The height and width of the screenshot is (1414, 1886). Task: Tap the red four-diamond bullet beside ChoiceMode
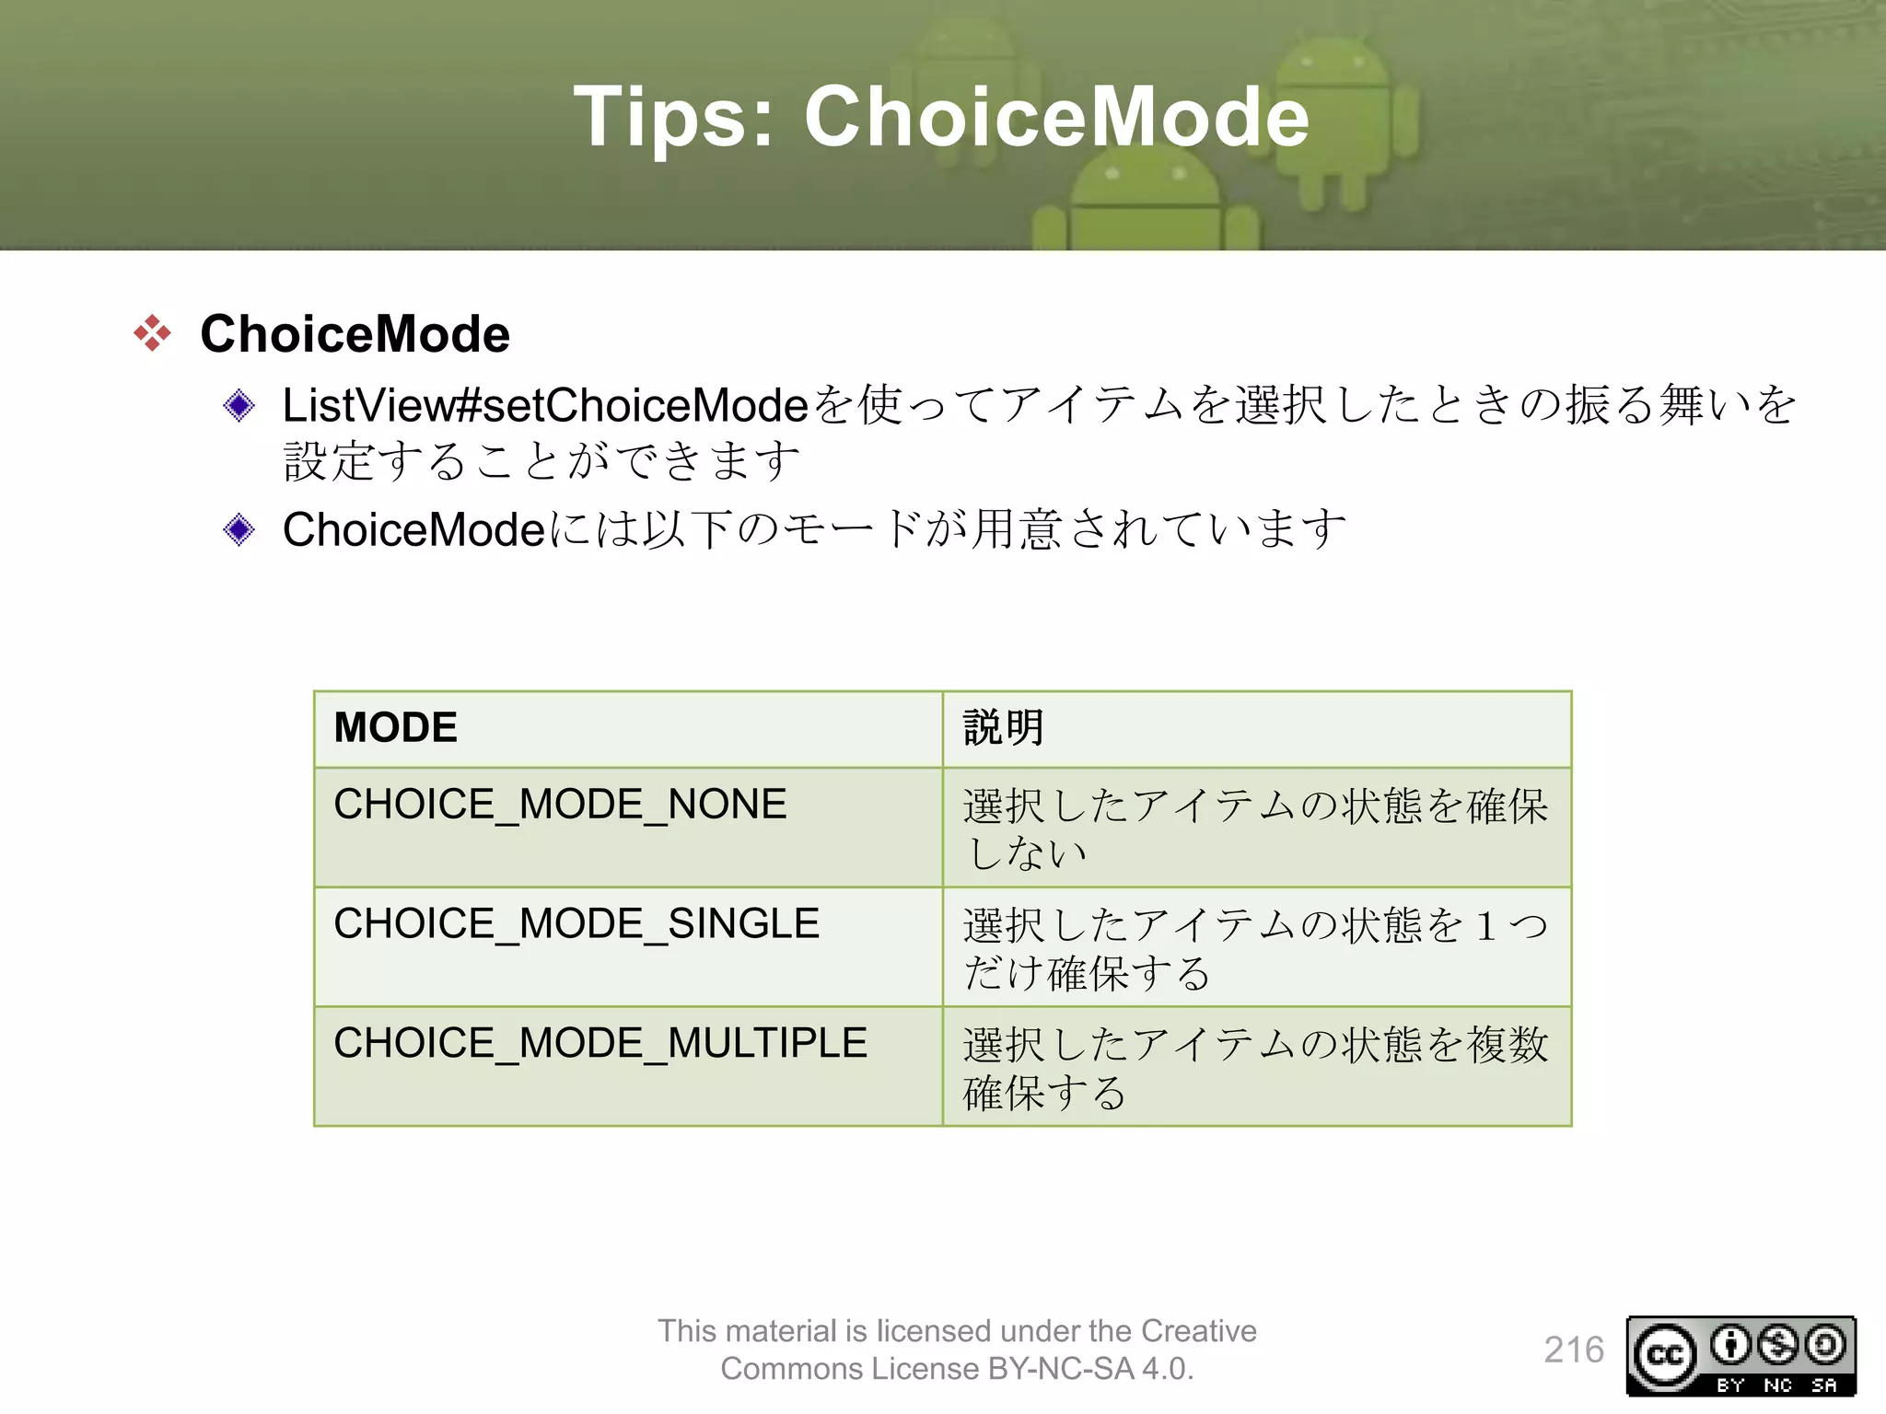(152, 332)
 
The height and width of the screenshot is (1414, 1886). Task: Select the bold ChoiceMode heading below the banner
(355, 333)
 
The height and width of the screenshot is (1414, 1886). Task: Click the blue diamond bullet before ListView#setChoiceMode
(239, 405)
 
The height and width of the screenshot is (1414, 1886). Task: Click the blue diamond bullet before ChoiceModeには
(239, 529)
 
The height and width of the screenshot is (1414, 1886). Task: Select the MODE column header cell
(628, 728)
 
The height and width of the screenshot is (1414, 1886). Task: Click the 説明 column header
(1256, 728)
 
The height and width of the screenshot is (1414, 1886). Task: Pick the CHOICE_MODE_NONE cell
(628, 826)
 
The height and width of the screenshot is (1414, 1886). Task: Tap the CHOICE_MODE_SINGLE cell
(628, 945)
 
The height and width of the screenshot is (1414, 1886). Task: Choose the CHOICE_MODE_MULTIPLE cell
(628, 1065)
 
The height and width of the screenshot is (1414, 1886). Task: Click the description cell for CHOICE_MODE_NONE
(1256, 828)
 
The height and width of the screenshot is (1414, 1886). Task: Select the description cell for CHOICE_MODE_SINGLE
(1256, 947)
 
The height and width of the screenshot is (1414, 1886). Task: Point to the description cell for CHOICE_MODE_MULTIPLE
(1256, 1067)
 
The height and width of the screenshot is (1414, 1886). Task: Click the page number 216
(1574, 1350)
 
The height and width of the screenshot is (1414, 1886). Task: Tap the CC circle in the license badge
(1665, 1355)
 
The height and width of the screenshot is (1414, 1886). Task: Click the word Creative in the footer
(1198, 1331)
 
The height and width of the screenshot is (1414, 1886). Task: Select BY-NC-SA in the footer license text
(1061, 1369)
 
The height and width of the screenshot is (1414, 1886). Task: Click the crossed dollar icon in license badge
(1777, 1345)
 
